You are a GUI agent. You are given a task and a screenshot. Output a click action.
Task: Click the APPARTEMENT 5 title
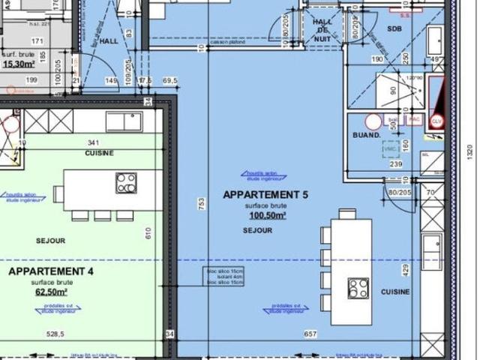point(265,195)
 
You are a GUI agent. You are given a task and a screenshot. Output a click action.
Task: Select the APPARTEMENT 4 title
point(50,271)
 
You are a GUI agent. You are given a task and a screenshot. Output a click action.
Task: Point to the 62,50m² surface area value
point(50,292)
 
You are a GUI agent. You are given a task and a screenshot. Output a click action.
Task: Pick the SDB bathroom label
point(394,28)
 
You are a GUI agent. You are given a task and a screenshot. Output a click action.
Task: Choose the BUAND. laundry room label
point(366,136)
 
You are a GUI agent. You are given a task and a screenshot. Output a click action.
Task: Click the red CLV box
point(436,120)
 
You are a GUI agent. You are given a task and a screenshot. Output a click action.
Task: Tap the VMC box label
point(389,149)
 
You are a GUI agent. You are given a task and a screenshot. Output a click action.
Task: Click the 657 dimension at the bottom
point(310,334)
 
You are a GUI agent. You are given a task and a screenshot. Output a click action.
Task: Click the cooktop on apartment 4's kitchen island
point(126,183)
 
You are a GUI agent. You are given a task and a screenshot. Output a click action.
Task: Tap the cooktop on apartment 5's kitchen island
point(358,289)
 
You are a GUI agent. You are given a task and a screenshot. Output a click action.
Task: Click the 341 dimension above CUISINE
point(94,142)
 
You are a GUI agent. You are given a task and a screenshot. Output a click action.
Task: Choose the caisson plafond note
point(229,42)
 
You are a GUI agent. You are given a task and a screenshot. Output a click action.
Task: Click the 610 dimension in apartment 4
point(149,234)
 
